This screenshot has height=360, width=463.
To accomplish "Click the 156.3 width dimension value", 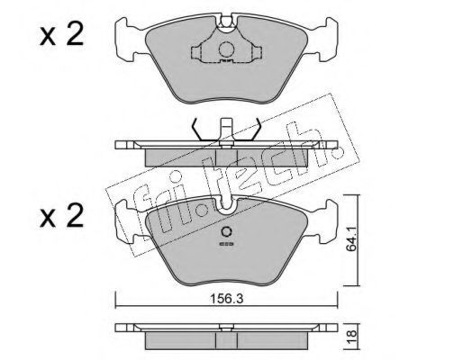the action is click(x=226, y=299).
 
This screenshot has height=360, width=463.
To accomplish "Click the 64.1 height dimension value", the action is click(x=351, y=238).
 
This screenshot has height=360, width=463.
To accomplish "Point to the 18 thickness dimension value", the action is click(x=352, y=333).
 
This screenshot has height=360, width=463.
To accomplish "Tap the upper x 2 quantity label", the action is click(x=61, y=35).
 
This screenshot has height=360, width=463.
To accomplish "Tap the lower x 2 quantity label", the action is click(x=61, y=215).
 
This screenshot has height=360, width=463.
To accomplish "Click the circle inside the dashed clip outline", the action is click(x=226, y=49).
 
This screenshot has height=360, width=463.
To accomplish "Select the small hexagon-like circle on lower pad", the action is click(x=226, y=232).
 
